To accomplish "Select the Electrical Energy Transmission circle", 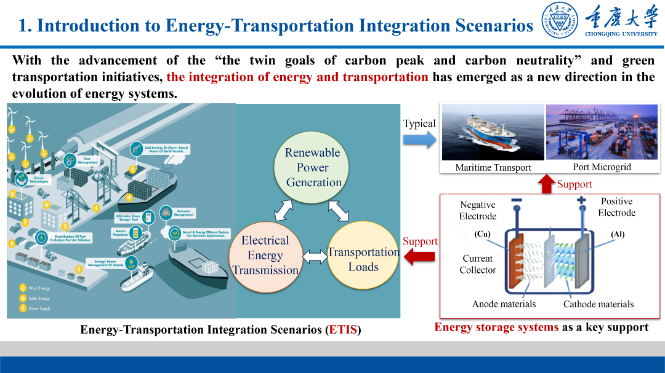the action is pyautogui.click(x=265, y=255).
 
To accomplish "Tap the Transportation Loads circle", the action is pyautogui.click(x=363, y=259).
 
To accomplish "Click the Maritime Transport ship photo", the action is pyautogui.click(x=493, y=132).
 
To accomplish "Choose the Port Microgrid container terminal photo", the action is pyautogui.click(x=602, y=132).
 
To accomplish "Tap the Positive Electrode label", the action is pyautogui.click(x=616, y=207).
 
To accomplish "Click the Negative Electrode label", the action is pyautogui.click(x=477, y=210).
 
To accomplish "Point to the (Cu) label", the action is pyautogui.click(x=482, y=234).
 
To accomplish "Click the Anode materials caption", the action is pyautogui.click(x=504, y=304).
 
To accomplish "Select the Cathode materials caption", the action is pyautogui.click(x=598, y=304).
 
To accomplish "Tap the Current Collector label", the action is pyautogui.click(x=477, y=264).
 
